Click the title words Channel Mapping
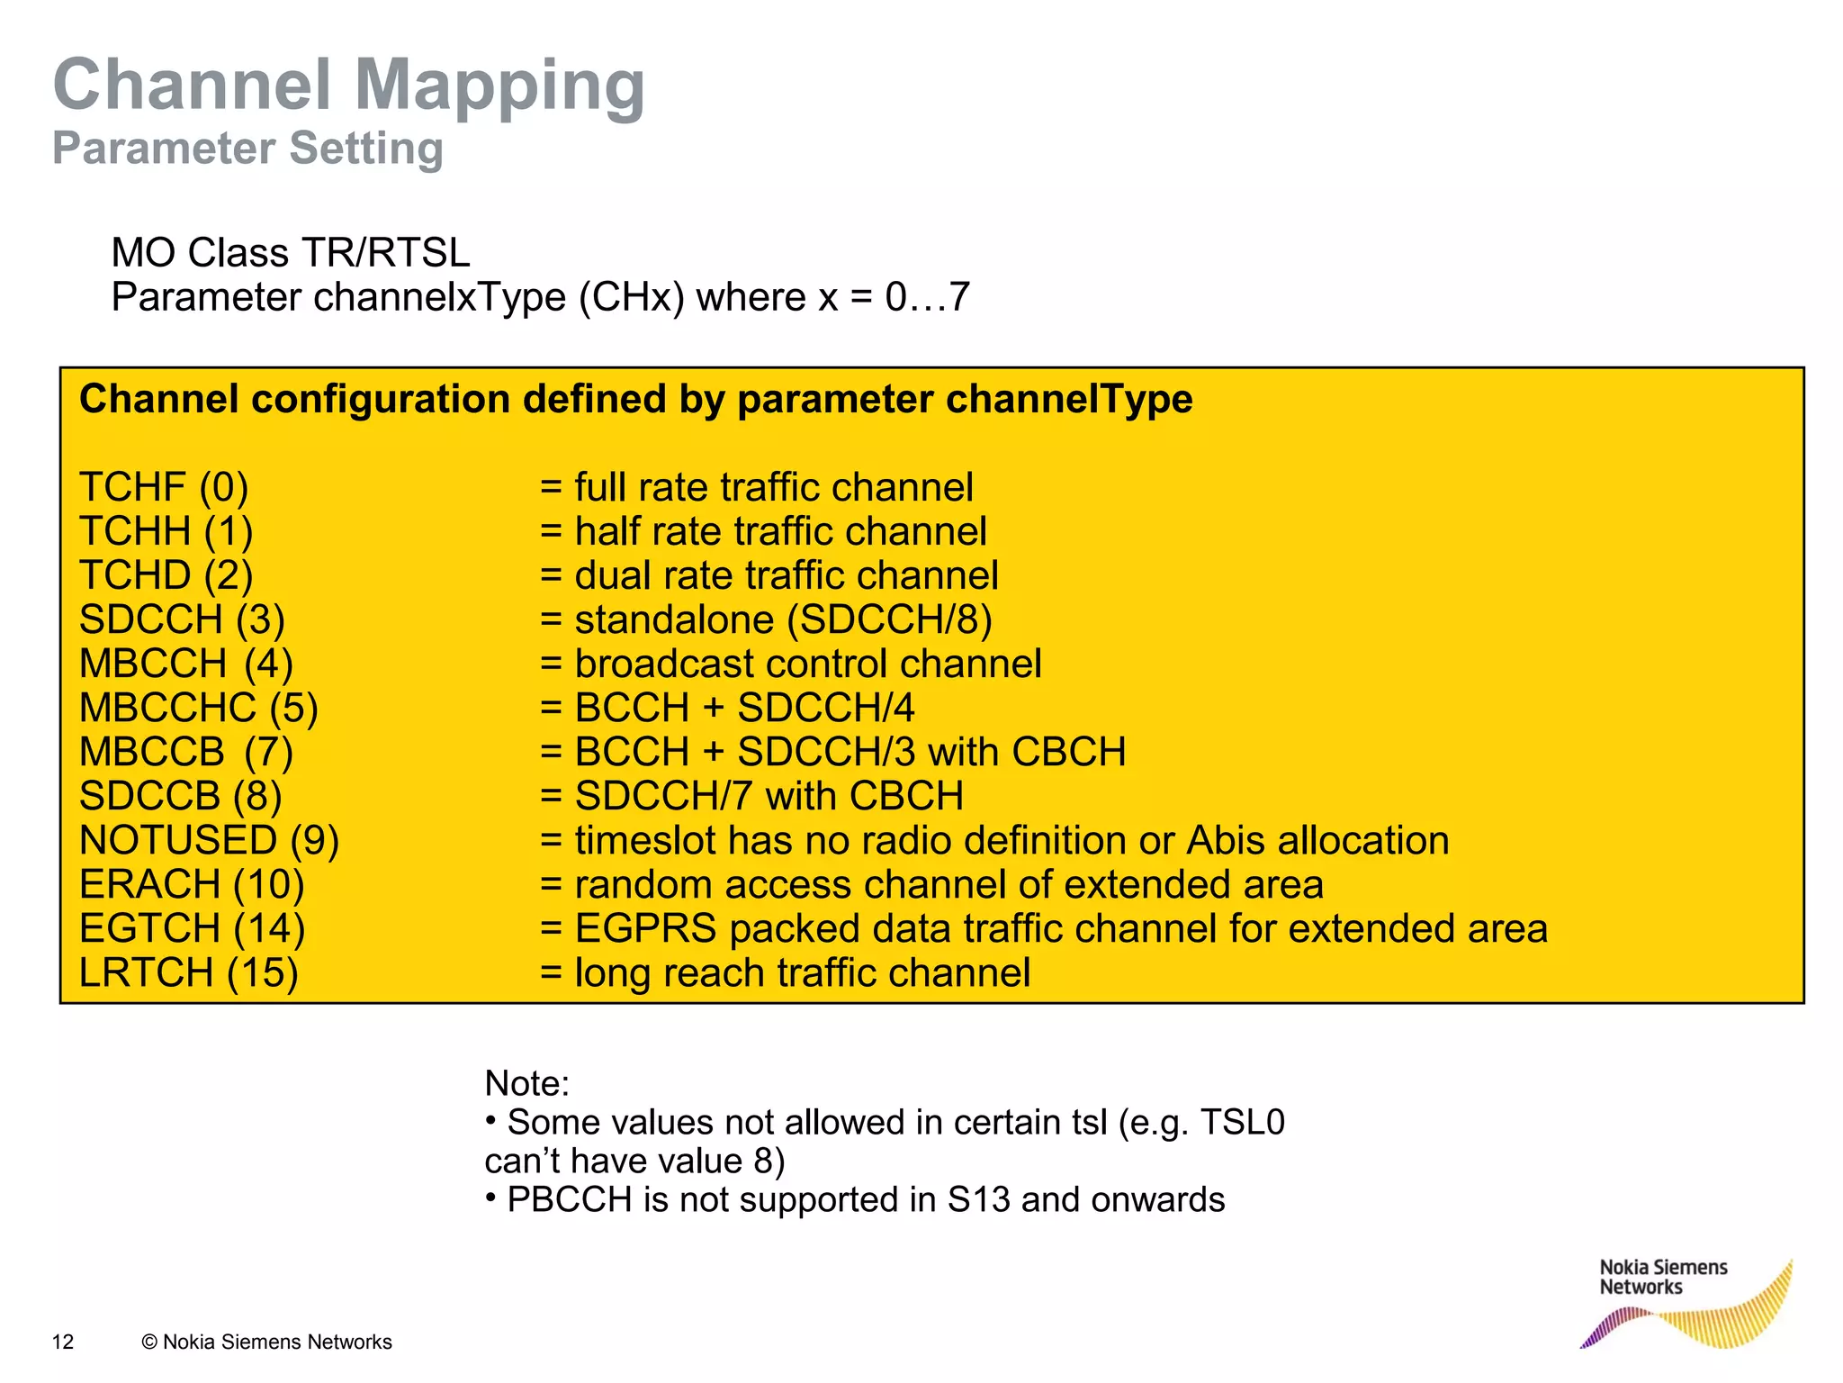click(349, 86)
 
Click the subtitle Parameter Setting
click(247, 149)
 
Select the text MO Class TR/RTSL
click(290, 253)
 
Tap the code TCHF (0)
click(164, 487)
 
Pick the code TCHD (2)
click(166, 575)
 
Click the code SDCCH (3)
click(182, 619)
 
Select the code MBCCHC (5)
click(198, 708)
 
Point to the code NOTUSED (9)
click(209, 840)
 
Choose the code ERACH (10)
click(192, 884)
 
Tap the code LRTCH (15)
click(188, 972)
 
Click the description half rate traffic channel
click(780, 531)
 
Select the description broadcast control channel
click(807, 664)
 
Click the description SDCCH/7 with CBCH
click(769, 796)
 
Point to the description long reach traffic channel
click(802, 972)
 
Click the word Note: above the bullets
click(526, 1083)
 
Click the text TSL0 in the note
click(1242, 1123)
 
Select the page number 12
click(63, 1342)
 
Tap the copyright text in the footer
click(266, 1342)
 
